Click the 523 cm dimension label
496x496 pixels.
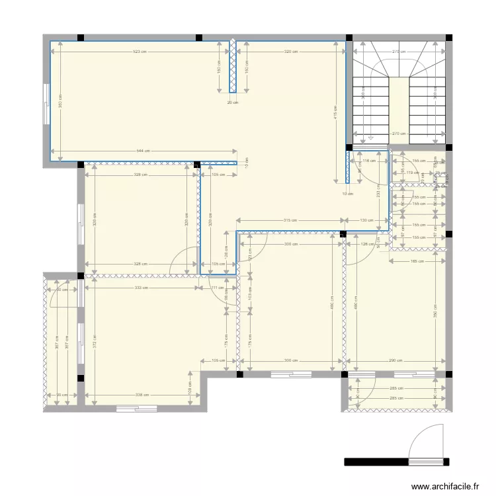coord(139,52)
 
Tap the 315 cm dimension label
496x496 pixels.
coord(288,220)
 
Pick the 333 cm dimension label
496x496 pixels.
coord(140,288)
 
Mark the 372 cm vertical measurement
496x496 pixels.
coord(95,341)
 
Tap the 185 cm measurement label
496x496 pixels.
coord(417,261)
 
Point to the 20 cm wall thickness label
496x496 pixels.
coord(232,103)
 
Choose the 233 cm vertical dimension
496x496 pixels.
coord(378,190)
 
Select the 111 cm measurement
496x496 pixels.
coord(217,288)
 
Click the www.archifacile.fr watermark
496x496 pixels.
coord(445,487)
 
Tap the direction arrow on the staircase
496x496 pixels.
coord(372,138)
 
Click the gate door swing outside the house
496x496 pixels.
coord(427,443)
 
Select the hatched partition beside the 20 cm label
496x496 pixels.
coord(233,66)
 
